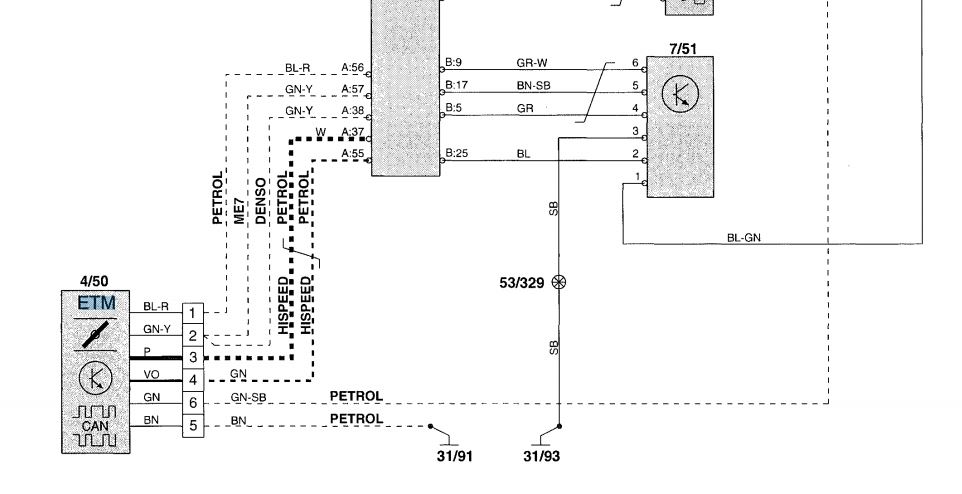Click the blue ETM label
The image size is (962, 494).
tap(97, 303)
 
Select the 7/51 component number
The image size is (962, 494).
tap(680, 48)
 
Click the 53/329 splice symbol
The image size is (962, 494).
tap(558, 283)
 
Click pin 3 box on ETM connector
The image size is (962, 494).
tap(192, 357)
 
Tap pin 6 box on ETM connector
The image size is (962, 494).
tap(192, 403)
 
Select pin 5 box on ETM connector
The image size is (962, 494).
tap(192, 426)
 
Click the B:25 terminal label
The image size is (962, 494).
tap(456, 153)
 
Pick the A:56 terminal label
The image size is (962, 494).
tap(352, 69)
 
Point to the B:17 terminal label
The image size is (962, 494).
tap(456, 85)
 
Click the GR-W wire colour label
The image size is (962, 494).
tap(531, 62)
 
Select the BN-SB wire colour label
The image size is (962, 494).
tap(533, 85)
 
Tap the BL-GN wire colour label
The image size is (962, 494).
tap(746, 237)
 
